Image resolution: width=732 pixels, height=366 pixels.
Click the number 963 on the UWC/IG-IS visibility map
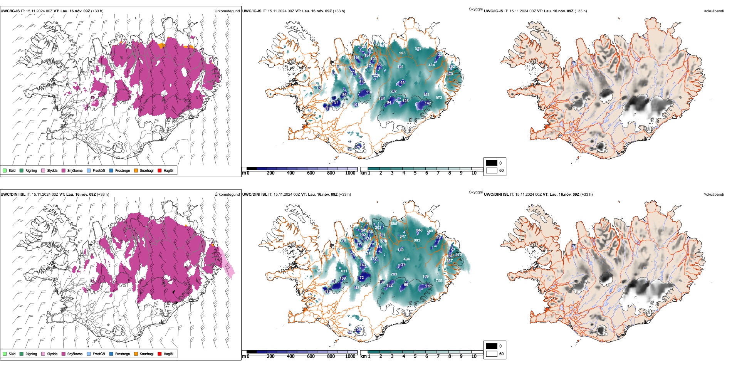[402, 53]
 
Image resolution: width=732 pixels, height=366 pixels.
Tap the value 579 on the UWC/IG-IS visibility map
[418, 49]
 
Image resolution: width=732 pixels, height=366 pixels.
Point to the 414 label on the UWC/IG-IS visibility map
[432, 65]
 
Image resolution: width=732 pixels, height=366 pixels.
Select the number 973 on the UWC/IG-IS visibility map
[439, 98]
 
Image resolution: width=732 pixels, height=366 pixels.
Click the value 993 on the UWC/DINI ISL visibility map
[417, 240]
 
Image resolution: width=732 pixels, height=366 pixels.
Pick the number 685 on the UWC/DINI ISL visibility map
[394, 224]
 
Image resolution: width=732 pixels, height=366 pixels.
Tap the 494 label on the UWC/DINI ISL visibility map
[406, 259]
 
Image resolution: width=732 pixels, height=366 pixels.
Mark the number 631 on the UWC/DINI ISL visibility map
[344, 271]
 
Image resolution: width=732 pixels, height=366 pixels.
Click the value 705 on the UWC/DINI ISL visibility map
[439, 281]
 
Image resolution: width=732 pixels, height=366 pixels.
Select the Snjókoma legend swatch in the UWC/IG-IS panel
[64, 170]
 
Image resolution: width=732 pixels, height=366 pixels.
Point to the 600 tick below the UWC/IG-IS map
[311, 173]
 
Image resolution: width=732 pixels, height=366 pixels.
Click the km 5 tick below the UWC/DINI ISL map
[415, 356]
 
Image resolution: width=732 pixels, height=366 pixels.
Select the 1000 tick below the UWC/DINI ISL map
[350, 356]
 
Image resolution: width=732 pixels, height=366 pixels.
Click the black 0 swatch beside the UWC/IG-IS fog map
[491, 163]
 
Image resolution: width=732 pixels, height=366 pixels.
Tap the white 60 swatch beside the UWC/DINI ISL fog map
[491, 354]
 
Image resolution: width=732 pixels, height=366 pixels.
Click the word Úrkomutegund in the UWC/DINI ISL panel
[227, 194]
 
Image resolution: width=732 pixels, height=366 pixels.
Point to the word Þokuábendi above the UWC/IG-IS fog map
[714, 11]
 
